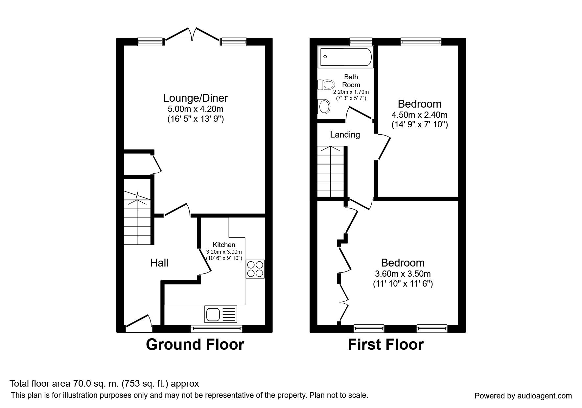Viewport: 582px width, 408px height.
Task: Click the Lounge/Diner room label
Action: tap(196, 98)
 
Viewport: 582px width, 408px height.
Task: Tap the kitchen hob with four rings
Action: tap(255, 269)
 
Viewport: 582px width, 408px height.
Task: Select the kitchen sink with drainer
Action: tap(221, 314)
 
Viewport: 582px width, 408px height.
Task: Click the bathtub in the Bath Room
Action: tap(345, 57)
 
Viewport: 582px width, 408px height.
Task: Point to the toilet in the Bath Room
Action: tap(326, 85)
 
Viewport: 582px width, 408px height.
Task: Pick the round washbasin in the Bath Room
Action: tap(324, 107)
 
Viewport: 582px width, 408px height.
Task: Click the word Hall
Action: tap(159, 263)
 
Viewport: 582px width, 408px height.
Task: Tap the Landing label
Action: tap(345, 135)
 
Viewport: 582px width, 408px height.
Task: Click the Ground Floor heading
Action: tap(195, 344)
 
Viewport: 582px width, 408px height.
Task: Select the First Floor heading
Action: tap(386, 344)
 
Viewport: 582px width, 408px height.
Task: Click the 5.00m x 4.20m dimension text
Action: tap(196, 109)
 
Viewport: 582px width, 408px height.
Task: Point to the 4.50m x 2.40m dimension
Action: tap(420, 115)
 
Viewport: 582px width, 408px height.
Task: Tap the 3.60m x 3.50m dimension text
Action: tap(403, 274)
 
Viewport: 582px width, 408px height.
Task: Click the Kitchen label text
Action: tap(224, 245)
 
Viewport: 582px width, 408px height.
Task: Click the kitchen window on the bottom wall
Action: tap(217, 328)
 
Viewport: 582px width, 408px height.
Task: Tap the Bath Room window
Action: tap(361, 41)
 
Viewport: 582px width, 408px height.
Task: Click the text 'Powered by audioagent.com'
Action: tap(523, 396)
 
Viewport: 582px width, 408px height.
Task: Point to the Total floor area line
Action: tap(104, 384)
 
